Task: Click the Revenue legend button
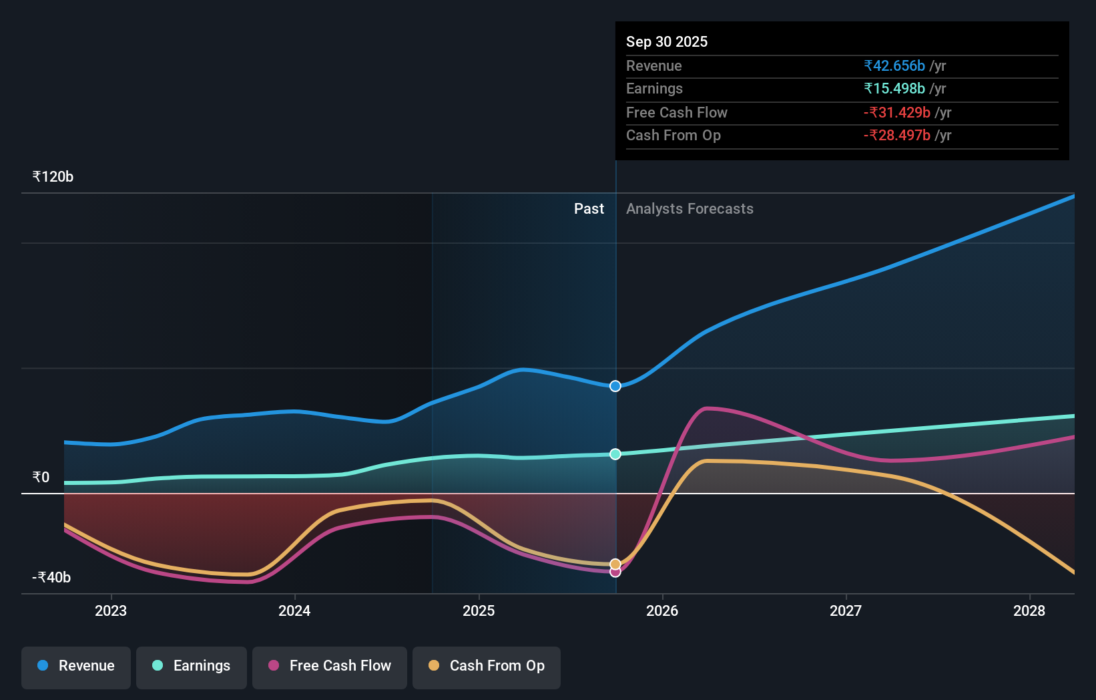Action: coord(76,666)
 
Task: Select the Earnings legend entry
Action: coord(192,666)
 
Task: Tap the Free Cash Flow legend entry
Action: coord(330,666)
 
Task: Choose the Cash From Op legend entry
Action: coord(487,666)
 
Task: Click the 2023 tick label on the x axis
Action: coord(111,610)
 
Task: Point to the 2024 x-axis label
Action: coord(294,610)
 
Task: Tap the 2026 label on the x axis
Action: coord(662,610)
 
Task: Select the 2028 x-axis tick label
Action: coord(1029,610)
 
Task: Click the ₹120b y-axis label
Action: coord(53,177)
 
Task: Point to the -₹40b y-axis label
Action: coord(51,577)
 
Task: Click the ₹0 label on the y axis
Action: coord(41,477)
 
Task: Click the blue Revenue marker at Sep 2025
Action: coord(615,386)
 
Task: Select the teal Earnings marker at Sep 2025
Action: coord(615,454)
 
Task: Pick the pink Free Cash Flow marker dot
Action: coord(615,572)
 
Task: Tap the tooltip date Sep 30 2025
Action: coord(667,41)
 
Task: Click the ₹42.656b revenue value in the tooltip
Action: coord(894,65)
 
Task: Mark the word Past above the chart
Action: coord(589,209)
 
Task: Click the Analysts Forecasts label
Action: coord(690,209)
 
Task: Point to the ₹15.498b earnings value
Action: coord(894,89)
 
